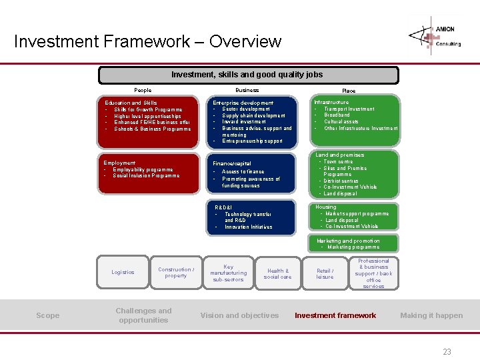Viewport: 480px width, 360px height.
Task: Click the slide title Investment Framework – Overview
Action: click(x=148, y=41)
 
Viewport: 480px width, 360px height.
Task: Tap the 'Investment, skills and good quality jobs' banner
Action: click(x=247, y=75)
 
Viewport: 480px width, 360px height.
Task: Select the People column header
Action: click(x=143, y=90)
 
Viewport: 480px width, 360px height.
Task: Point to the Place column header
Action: click(x=349, y=91)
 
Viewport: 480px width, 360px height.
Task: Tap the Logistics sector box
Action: click(x=123, y=272)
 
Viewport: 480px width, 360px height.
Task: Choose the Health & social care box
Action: click(x=278, y=273)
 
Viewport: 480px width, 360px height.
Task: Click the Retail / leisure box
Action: click(x=325, y=273)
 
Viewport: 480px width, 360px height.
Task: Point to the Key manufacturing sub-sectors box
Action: click(x=229, y=273)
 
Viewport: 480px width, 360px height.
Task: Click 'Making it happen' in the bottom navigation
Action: click(x=431, y=315)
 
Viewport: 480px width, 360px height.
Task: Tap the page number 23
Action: click(x=447, y=351)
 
